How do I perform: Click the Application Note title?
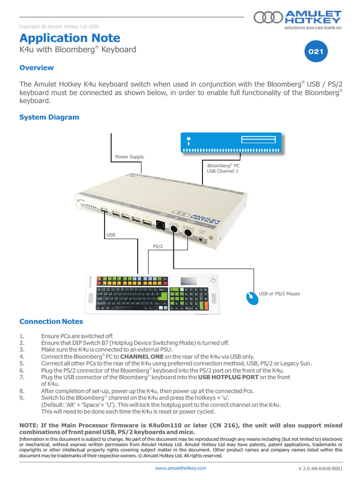click(70, 38)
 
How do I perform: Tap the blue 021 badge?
click(315, 52)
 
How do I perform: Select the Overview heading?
click(37, 68)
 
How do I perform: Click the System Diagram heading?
click(49, 117)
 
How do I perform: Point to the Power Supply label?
click(129, 157)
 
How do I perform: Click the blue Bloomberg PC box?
click(231, 142)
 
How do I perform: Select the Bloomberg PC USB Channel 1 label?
click(223, 169)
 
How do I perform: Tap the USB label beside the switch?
click(111, 234)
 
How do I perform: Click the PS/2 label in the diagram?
click(158, 246)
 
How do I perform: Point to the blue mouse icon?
click(253, 298)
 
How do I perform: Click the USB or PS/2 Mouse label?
click(279, 294)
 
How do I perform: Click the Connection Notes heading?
click(51, 322)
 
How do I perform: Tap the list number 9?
click(21, 397)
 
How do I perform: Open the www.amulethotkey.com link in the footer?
click(180, 468)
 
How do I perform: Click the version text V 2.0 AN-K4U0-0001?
click(320, 468)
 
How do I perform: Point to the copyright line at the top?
click(59, 27)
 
